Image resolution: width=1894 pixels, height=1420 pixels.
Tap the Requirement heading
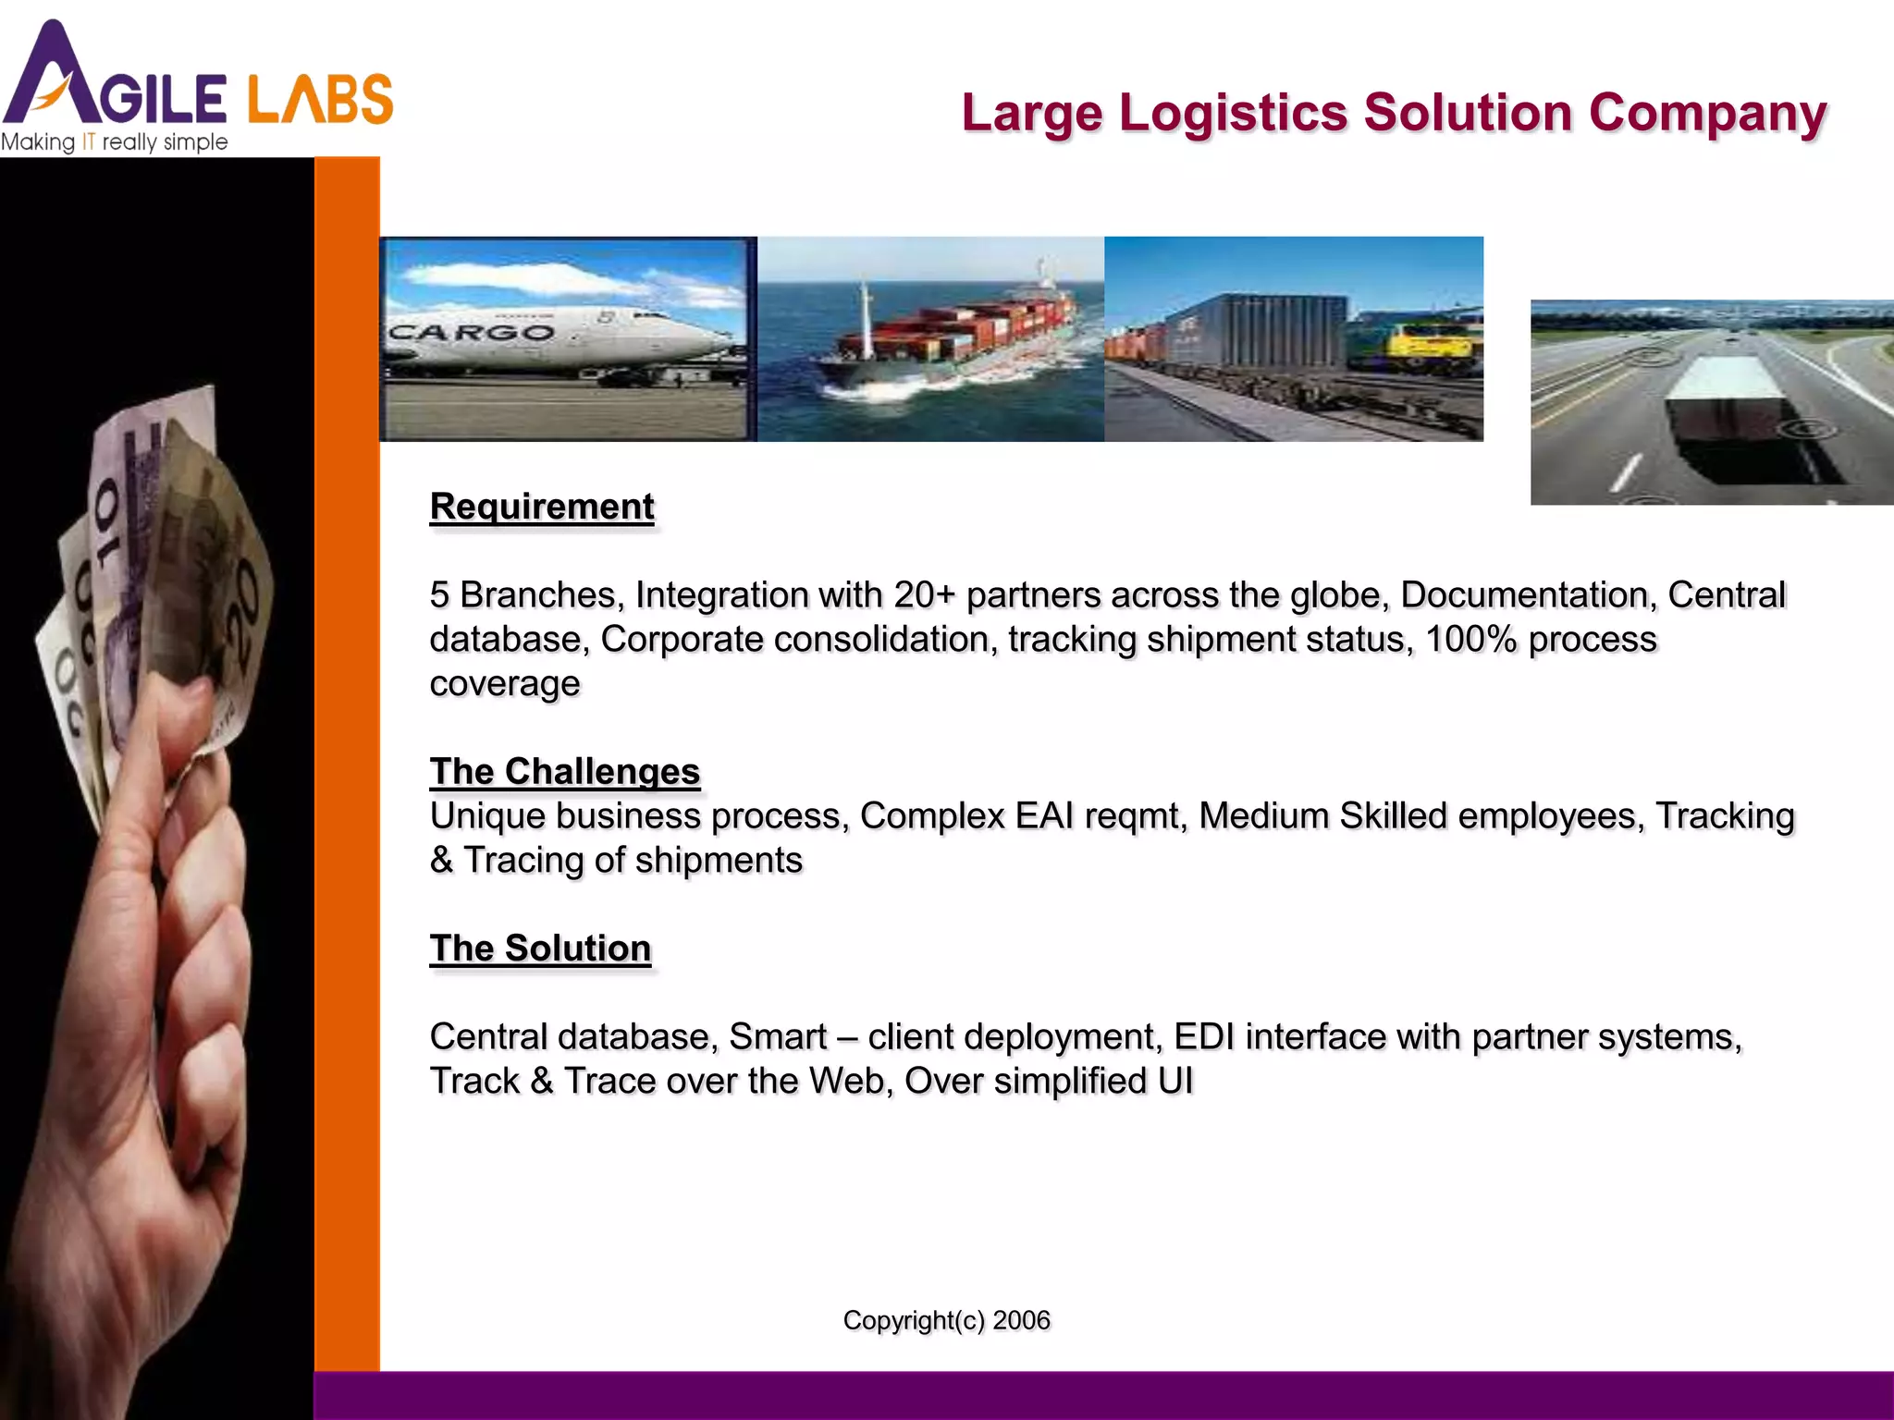point(542,507)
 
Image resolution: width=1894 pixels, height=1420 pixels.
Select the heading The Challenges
point(565,771)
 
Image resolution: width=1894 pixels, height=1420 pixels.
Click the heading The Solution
point(540,949)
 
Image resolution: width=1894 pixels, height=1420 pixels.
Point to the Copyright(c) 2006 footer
point(946,1320)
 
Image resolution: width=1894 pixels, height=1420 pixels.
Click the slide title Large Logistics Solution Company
point(1394,113)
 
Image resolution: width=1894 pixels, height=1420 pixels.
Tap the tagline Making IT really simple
point(114,142)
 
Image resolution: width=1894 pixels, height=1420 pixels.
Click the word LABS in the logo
point(320,100)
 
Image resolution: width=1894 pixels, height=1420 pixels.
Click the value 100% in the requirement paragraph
point(1470,640)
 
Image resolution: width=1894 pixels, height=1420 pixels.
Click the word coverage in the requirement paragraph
point(504,684)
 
